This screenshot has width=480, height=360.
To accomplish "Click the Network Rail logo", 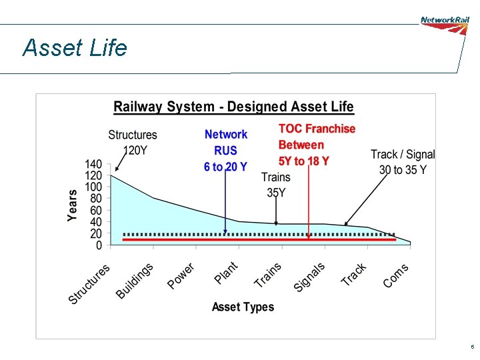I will click(445, 21).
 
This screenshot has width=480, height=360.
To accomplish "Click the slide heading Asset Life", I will click(74, 48).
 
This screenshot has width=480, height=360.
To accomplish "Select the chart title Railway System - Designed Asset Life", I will click(233, 107).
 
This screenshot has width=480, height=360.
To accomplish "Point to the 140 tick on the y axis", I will click(93, 164).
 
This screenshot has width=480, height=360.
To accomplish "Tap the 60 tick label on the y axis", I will click(95, 210).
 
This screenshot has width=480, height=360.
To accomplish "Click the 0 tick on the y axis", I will click(99, 245).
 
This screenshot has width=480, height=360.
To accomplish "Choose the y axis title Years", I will click(73, 204).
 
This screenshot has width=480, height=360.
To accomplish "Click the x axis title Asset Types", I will click(243, 307).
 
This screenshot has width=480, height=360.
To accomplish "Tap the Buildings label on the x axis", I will click(135, 281).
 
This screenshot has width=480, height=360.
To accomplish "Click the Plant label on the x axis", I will click(226, 273).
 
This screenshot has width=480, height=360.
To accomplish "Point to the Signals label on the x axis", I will click(309, 277).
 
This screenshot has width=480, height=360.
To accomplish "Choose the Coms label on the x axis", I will click(396, 275).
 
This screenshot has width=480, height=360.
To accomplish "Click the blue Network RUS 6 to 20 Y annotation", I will click(225, 151).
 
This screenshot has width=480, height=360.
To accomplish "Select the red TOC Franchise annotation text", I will click(316, 145).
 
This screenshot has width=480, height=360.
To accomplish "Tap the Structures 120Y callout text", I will click(133, 143).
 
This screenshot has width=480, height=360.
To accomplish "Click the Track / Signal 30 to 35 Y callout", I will click(403, 162).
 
